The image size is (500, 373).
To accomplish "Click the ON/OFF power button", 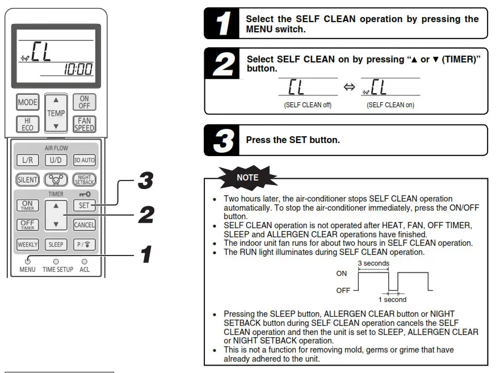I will [x=84, y=103].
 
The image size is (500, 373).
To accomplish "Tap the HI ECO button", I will [x=27, y=124].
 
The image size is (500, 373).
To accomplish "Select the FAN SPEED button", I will [x=84, y=124].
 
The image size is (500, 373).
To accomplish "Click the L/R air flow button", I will [x=27, y=161].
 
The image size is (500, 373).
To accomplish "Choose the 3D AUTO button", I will [x=84, y=161].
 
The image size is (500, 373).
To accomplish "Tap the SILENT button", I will [x=27, y=180].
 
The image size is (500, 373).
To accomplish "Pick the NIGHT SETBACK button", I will [x=84, y=180].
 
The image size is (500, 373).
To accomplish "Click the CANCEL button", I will [x=84, y=225].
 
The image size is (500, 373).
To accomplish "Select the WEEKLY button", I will [x=27, y=245].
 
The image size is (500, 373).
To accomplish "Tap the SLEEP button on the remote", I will [x=56, y=245].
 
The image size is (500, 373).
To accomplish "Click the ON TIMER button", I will [x=27, y=206].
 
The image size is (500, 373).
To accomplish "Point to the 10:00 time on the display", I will [x=78, y=70].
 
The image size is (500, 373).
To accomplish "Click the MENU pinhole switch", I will [x=27, y=261].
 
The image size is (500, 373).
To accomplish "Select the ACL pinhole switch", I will [x=84, y=261].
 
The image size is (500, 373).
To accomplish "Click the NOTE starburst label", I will [x=247, y=177].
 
